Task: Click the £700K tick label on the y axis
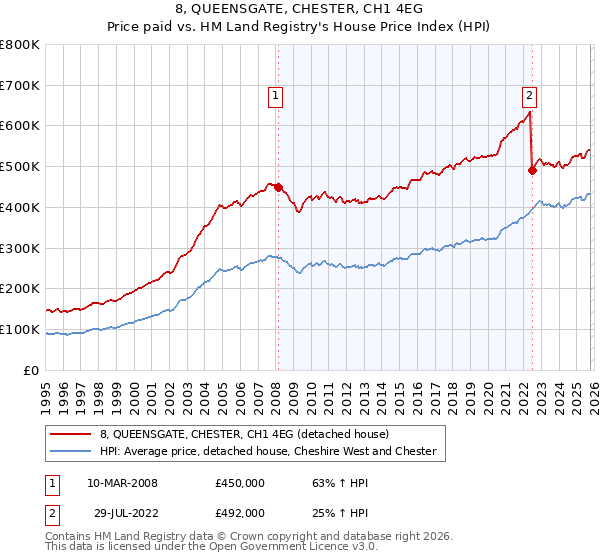point(20,86)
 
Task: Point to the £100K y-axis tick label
point(20,329)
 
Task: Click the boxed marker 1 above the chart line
point(275,96)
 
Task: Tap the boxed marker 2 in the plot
point(529,96)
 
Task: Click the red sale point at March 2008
point(278,187)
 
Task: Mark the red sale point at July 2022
point(532,170)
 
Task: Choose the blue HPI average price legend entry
point(267,451)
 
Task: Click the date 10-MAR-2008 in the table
point(122,483)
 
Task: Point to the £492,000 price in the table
point(239,512)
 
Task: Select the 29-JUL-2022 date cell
point(122,512)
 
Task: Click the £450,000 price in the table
point(239,483)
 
